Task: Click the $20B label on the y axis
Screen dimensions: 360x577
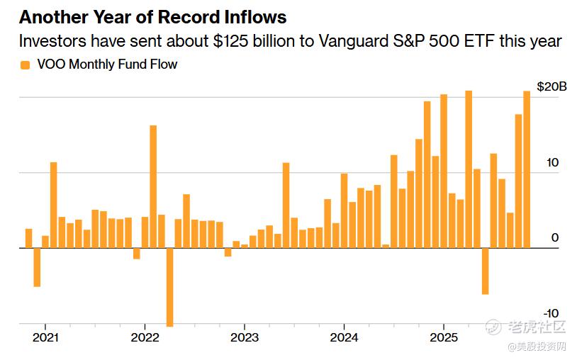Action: pos(551,86)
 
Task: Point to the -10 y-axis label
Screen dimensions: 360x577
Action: pos(551,313)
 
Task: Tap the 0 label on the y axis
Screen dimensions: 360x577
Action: pos(555,238)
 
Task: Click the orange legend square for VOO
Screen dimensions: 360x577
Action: pos(26,64)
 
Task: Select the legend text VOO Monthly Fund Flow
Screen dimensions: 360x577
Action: pos(106,64)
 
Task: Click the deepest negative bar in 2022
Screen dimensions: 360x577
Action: pos(169,287)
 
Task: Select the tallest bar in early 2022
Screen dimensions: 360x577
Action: pos(153,186)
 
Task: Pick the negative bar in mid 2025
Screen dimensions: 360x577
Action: pos(485,271)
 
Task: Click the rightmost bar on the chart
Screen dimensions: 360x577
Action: pos(527,169)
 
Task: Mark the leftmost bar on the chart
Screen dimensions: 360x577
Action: pos(28,238)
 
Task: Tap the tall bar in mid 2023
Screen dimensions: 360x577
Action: pos(286,206)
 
